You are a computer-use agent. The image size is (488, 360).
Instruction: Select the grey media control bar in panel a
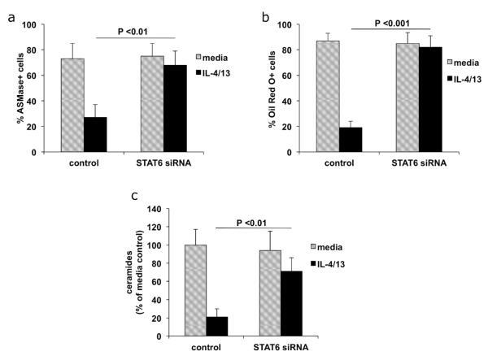[x=72, y=105]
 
